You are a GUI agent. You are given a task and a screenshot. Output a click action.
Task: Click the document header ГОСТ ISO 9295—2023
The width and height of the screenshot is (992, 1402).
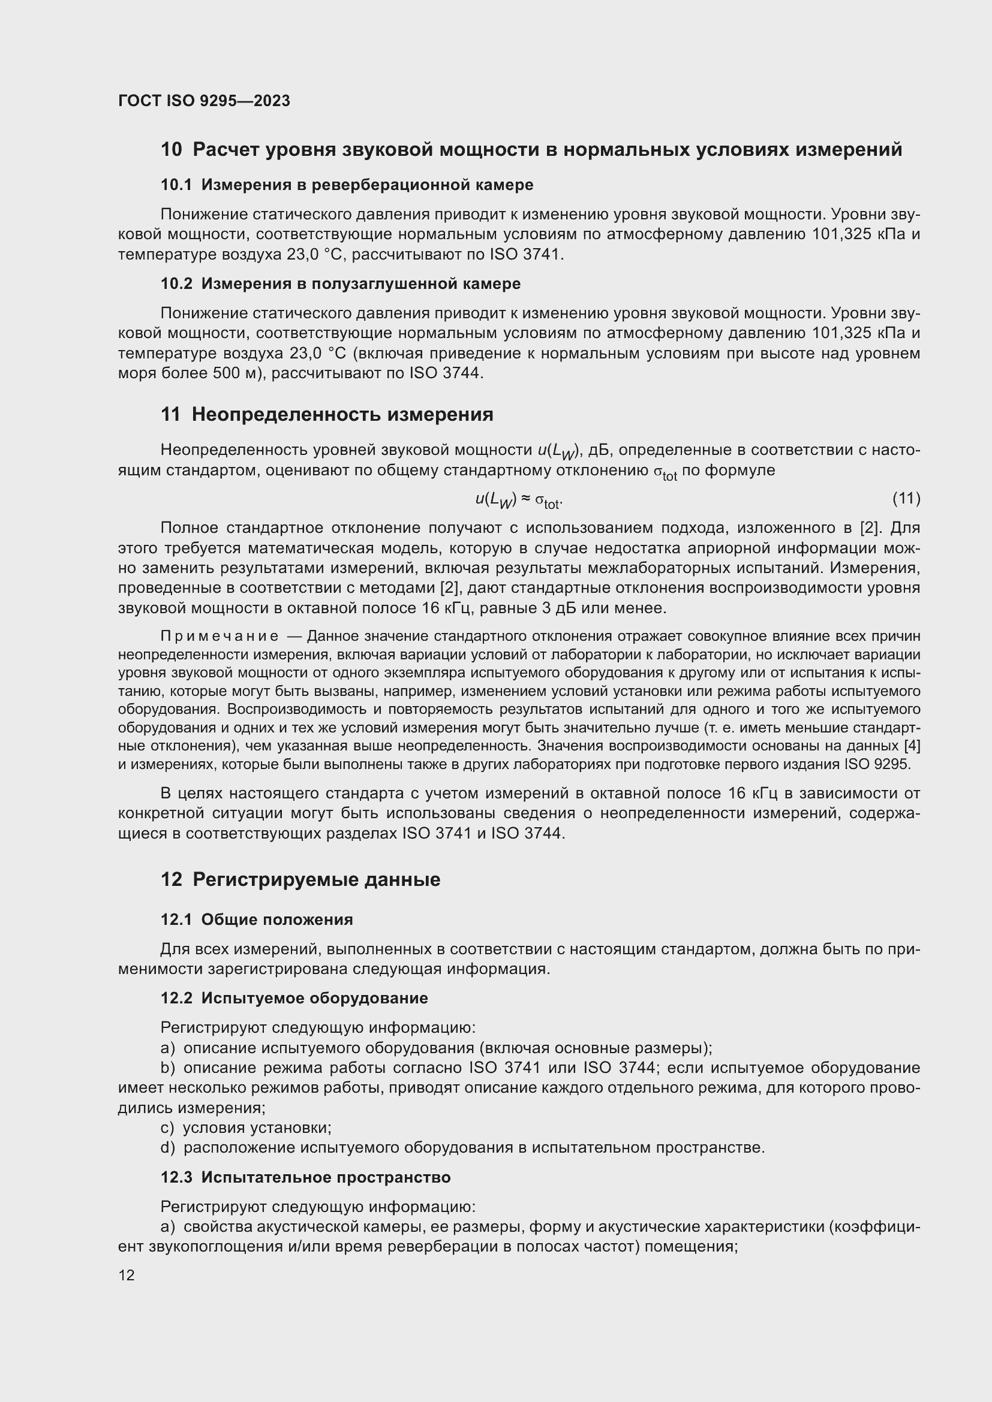pos(204,101)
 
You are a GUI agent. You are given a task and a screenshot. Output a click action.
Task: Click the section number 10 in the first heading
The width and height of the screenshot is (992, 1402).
pos(171,150)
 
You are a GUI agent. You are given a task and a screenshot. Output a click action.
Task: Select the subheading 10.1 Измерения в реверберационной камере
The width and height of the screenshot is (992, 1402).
pos(346,185)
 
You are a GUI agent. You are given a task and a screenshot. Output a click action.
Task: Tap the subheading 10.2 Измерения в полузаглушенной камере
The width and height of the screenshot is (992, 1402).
pos(340,284)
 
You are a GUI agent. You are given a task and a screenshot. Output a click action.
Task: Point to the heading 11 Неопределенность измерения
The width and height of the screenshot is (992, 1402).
pos(327,415)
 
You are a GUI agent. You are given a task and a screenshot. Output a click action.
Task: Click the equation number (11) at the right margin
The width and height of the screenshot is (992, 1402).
pos(906,498)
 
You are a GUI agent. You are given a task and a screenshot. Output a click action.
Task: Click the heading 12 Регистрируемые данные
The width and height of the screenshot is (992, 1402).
pos(300,879)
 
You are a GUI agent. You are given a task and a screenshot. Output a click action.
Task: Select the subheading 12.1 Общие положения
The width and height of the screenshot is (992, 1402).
pos(257,919)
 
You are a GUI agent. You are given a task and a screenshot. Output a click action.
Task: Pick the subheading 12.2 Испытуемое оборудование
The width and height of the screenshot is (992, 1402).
pos(294,999)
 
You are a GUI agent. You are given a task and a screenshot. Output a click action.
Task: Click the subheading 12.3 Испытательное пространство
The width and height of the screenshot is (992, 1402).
pos(305,1177)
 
